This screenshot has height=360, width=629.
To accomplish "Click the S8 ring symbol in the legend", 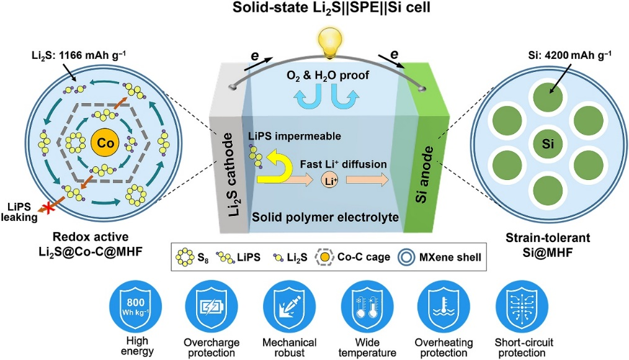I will [x=184, y=256].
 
